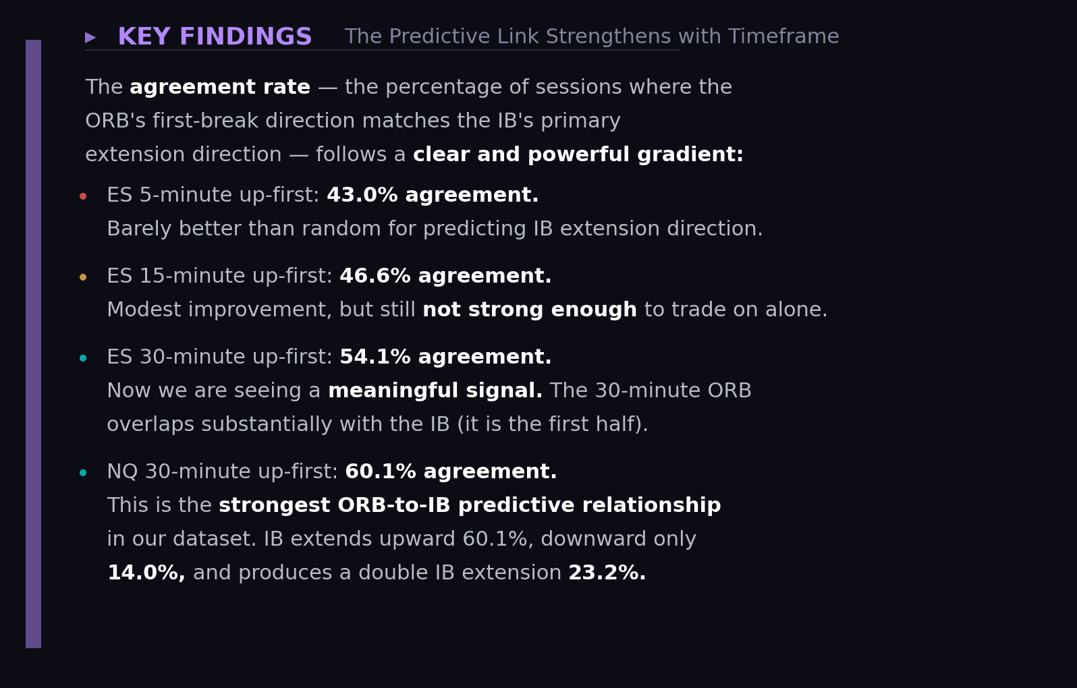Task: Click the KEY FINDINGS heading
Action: point(215,37)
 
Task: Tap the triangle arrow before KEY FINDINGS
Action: point(90,38)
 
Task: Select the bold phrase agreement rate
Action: point(220,88)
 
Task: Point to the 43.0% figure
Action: point(362,196)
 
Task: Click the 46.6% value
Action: point(375,277)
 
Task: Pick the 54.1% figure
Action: point(375,357)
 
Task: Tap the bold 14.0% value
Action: point(146,573)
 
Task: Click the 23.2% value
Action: point(607,573)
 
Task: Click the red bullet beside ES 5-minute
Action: point(83,196)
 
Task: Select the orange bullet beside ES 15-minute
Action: point(83,277)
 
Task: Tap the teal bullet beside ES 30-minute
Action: point(83,358)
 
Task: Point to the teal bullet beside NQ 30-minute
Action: point(83,473)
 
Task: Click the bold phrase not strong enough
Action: point(530,310)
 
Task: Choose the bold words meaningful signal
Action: point(435,391)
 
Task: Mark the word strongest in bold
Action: point(275,506)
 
